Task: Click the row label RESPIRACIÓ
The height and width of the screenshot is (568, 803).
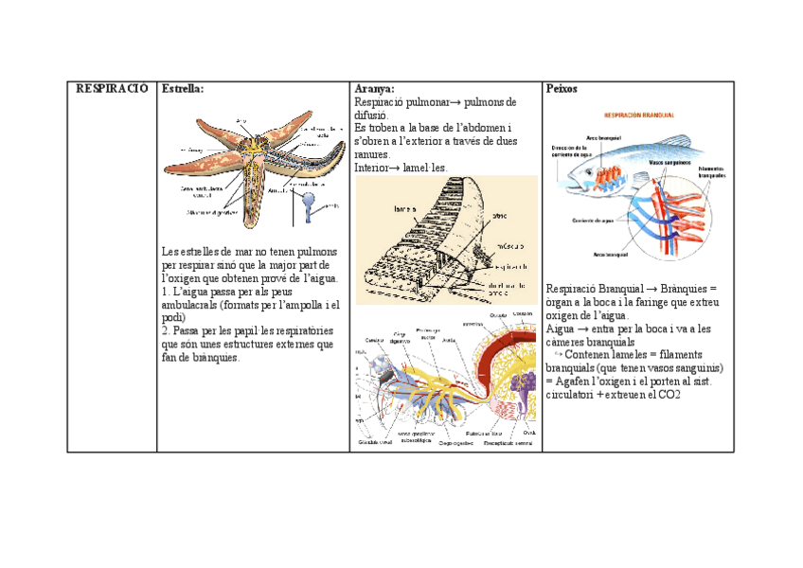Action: click(111, 88)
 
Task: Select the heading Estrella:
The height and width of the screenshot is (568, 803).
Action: click(183, 88)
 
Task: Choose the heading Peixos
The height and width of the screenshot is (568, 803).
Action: click(562, 88)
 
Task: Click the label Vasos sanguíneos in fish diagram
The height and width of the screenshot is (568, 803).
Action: click(668, 162)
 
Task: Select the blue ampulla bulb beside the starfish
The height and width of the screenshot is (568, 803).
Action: click(309, 201)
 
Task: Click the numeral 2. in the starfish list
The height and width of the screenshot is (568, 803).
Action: click(167, 331)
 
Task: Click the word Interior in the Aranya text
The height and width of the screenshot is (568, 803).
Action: click(373, 168)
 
